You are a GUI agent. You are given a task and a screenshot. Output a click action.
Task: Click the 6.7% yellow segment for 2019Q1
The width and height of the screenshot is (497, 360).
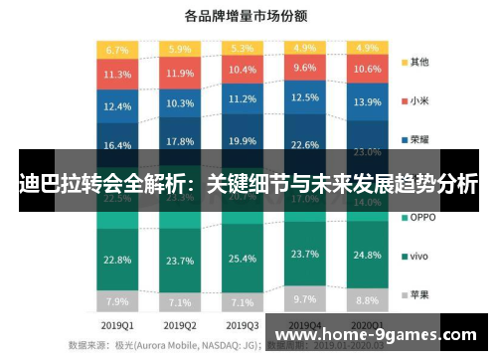pyautogui.click(x=117, y=49)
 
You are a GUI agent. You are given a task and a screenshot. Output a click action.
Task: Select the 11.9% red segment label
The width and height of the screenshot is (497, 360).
pyautogui.click(x=181, y=74)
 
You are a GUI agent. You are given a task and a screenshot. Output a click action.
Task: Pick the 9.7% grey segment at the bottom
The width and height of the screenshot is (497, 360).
pyautogui.click(x=306, y=298)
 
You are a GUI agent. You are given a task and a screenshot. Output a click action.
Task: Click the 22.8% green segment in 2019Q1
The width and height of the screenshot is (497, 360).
pyautogui.click(x=117, y=261)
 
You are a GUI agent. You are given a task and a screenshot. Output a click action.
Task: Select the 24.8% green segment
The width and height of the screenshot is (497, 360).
pyautogui.click(x=368, y=255)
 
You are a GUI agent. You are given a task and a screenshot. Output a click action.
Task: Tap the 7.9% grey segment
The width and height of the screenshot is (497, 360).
pyautogui.click(x=117, y=301)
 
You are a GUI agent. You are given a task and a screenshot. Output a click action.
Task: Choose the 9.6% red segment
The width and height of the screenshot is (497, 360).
pyautogui.click(x=306, y=69)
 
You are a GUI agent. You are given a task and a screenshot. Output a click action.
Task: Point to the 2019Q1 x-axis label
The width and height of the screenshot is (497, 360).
pyautogui.click(x=117, y=325)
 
